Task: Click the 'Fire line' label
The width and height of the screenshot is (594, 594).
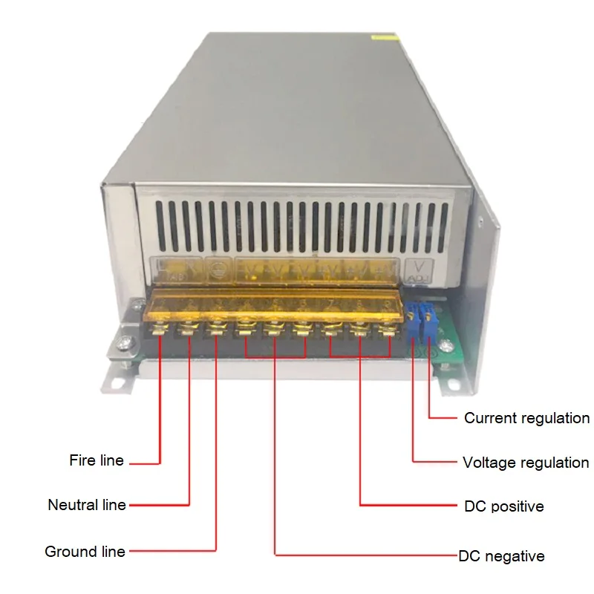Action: [97, 461]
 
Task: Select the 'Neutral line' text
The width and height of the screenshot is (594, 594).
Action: [86, 505]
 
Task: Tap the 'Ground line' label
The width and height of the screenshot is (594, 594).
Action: [85, 552]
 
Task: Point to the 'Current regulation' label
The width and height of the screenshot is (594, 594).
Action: [526, 418]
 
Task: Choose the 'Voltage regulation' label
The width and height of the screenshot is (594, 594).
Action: [525, 463]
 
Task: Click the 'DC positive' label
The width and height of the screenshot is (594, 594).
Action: [503, 506]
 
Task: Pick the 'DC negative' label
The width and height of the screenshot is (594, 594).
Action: [501, 556]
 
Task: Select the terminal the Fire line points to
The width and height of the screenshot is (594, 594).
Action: [160, 327]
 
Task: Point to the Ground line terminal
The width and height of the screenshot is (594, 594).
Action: [216, 327]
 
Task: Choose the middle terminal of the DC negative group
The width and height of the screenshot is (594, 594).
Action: [274, 327]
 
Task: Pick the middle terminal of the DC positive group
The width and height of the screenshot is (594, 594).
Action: [359, 327]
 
